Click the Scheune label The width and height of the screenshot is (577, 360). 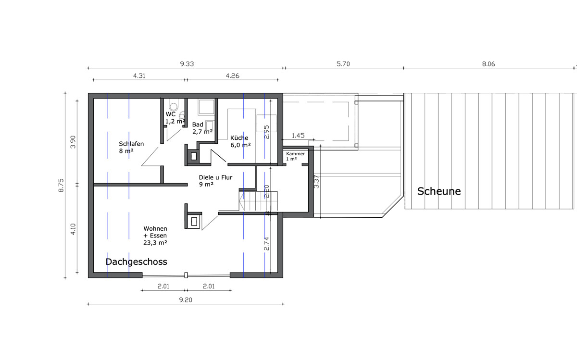[439, 191]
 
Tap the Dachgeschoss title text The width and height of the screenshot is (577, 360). [136, 262]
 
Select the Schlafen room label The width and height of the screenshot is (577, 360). [131, 144]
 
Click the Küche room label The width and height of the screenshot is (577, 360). [239, 138]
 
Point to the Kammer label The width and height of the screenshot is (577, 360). [295, 154]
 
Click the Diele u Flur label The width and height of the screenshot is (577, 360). [215, 177]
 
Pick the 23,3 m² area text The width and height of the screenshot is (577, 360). [155, 243]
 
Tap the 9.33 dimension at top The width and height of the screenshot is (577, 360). [187, 64]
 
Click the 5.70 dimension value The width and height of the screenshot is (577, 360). [343, 64]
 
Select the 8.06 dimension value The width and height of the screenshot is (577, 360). [489, 64]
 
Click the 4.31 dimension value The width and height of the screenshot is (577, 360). [139, 76]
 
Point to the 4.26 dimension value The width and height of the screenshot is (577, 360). [232, 76]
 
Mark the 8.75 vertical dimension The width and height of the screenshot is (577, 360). [61, 186]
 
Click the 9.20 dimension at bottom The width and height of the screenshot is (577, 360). [186, 300]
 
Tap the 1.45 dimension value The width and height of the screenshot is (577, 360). [298, 136]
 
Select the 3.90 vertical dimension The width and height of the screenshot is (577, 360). [73, 142]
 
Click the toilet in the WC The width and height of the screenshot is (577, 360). [174, 105]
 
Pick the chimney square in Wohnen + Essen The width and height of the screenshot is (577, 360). [194, 222]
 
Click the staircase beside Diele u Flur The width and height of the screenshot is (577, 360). [258, 201]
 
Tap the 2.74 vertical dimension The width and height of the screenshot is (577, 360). [266, 244]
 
